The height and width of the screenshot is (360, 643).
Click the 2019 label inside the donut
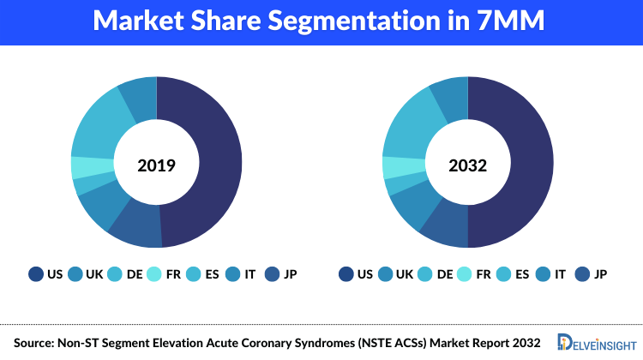(x=157, y=163)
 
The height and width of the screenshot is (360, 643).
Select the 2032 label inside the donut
(x=468, y=163)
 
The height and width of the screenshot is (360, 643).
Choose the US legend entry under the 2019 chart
(x=45, y=274)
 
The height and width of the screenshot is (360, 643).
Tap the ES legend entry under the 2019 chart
(x=202, y=274)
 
